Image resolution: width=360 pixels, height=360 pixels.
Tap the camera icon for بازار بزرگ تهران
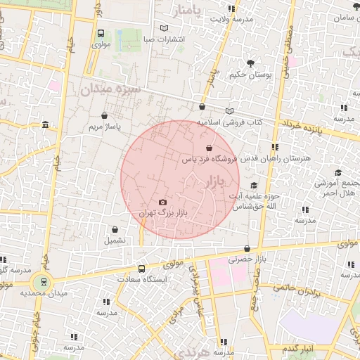(x=163, y=202)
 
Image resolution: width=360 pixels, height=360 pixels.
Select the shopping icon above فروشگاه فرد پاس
(x=209, y=148)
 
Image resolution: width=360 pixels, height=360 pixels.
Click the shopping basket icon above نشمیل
(x=115, y=229)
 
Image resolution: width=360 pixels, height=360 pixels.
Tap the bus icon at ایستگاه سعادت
(x=142, y=269)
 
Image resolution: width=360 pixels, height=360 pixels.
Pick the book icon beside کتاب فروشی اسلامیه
(x=229, y=111)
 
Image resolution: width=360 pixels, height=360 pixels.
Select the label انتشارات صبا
(x=164, y=39)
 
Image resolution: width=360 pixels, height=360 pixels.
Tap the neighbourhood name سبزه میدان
(x=111, y=90)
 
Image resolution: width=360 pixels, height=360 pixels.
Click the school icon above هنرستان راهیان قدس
(x=274, y=147)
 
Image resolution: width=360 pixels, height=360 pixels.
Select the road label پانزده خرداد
(x=311, y=129)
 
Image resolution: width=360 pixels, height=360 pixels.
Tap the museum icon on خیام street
(x=46, y=125)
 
